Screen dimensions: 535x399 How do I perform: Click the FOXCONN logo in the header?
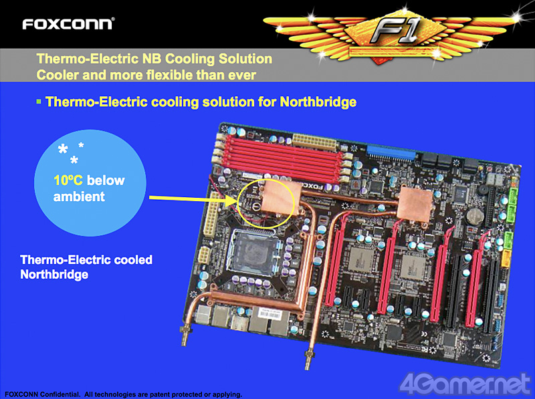coord(68,24)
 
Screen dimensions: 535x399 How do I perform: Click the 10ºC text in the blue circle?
coord(68,180)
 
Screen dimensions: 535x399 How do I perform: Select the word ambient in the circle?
coord(79,196)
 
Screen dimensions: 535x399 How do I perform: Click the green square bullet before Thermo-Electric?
coord(39,102)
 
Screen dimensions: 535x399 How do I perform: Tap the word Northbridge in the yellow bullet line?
coord(318,102)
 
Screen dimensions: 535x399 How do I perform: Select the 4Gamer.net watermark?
coord(465,384)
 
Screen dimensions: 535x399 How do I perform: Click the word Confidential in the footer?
coord(60,394)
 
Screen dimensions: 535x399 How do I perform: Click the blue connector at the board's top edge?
coord(391,152)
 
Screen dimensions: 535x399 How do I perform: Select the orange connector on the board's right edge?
coord(506,258)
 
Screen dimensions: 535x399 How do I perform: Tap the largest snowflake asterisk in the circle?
coord(63,149)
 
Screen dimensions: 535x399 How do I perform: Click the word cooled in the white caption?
coord(133,260)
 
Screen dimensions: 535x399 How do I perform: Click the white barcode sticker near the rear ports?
coord(270,312)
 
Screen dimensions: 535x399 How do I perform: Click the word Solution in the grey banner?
coord(245,59)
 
